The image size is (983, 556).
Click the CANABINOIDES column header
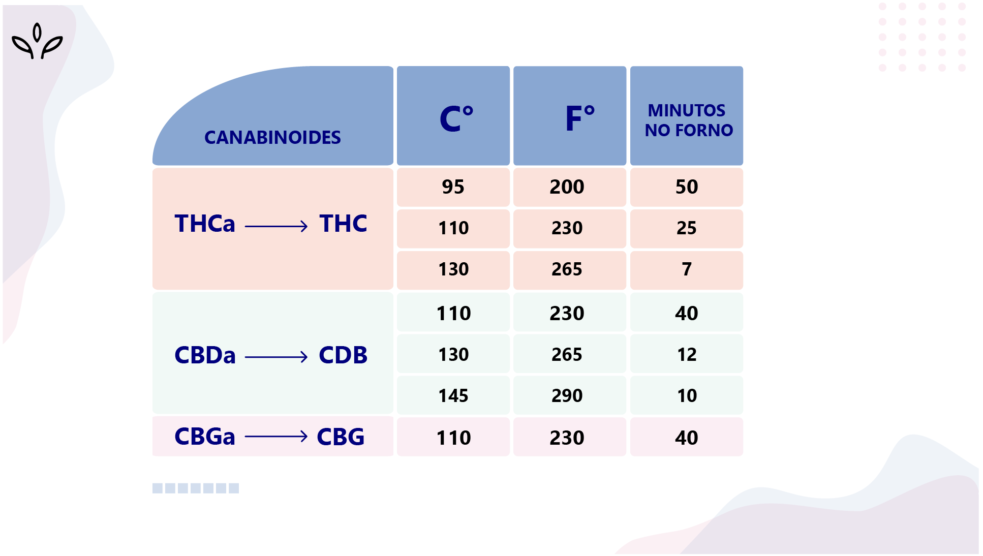(272, 137)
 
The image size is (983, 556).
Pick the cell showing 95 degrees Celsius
(453, 187)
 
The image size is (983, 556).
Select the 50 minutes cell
(686, 187)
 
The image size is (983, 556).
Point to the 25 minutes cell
(686, 228)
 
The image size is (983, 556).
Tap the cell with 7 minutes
(686, 269)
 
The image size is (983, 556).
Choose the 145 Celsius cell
(453, 395)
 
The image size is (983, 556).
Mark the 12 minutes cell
(686, 354)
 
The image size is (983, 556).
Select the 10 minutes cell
(686, 395)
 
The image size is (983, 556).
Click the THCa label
(205, 224)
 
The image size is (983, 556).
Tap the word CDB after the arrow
(343, 355)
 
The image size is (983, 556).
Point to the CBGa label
(205, 437)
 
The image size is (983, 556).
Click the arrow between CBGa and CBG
(276, 437)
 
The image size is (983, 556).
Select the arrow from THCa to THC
(276, 226)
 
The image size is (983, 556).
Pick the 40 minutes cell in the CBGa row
(686, 438)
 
